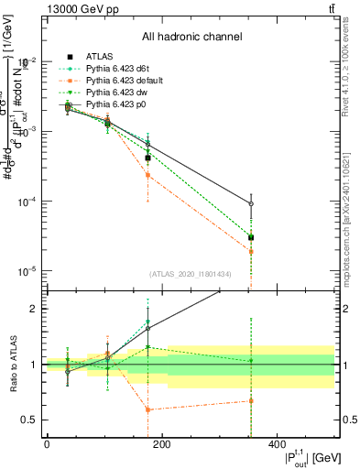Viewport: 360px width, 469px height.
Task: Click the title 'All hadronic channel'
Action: pos(191,38)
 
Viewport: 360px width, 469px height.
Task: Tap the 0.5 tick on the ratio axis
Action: pos(31,420)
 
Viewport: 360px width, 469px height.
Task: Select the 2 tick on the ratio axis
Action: pos(34,309)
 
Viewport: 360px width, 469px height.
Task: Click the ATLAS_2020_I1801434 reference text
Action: pos(191,274)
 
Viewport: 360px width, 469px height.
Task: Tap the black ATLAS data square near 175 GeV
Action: pos(147,158)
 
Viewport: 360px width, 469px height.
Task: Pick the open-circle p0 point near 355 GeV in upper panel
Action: pos(251,204)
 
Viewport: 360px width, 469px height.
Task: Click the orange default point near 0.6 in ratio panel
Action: pos(147,409)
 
